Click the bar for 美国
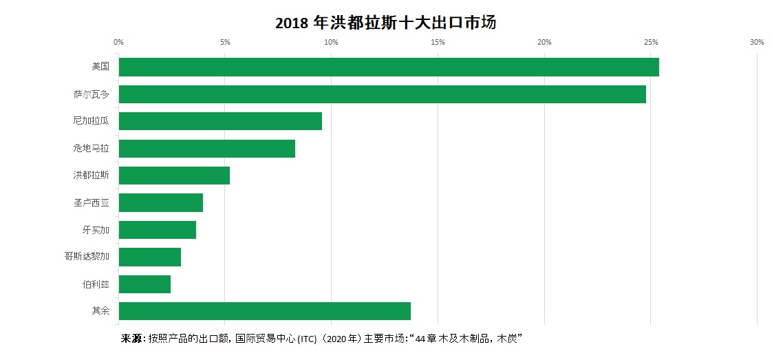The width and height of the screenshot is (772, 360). click(389, 67)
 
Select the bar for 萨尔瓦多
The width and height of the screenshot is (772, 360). click(382, 94)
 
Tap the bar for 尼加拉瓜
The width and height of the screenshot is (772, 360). click(220, 121)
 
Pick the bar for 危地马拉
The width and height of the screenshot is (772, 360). click(206, 148)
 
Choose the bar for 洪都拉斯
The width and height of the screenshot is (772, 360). click(174, 176)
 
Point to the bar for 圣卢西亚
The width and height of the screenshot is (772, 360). click(161, 202)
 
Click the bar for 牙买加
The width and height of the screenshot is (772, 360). click(158, 229)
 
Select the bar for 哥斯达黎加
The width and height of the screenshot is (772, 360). click(150, 257)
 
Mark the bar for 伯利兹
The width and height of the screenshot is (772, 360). click(144, 284)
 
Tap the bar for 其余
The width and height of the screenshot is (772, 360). click(265, 310)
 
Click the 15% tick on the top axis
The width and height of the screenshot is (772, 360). click(438, 43)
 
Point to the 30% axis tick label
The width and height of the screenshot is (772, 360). click(757, 43)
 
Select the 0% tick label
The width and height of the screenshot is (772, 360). click(118, 43)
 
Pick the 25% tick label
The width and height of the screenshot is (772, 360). click(650, 43)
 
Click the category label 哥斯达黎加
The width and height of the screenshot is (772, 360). click(86, 257)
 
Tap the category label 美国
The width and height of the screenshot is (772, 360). click(100, 67)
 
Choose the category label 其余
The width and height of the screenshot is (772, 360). click(100, 310)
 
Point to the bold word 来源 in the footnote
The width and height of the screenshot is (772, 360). click(132, 339)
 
